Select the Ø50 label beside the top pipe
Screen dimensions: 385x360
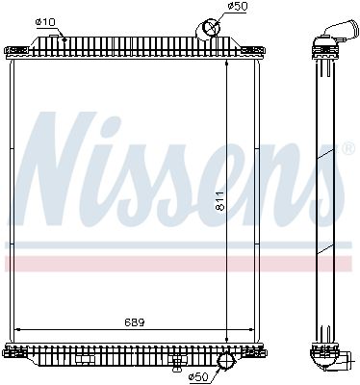coord(236,8)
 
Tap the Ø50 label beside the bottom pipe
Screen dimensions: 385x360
coord(198,375)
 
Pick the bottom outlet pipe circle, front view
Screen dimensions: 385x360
coord(227,362)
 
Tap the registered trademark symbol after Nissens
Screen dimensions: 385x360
coord(347,148)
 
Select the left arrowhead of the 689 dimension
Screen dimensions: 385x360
coord(22,330)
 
